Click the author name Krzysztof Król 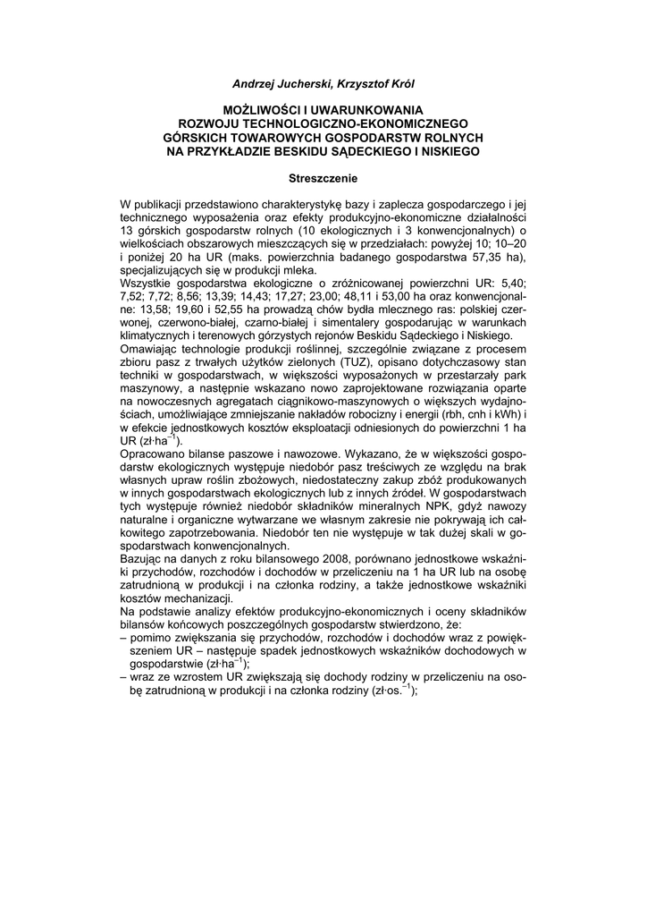[x=375, y=83]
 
